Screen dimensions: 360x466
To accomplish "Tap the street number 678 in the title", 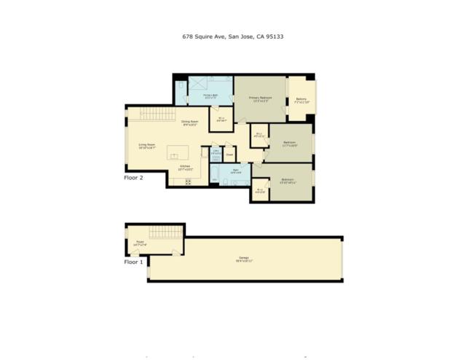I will click(x=186, y=35).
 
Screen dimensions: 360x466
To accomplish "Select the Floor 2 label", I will click(x=134, y=176).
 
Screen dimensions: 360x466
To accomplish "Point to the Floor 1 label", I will click(x=134, y=260).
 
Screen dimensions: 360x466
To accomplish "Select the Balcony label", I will click(x=301, y=100).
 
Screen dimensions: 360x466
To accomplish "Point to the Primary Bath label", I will click(x=211, y=95).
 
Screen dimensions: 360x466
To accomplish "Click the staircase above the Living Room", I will click(x=157, y=114).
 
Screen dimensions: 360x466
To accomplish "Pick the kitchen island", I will click(x=178, y=152).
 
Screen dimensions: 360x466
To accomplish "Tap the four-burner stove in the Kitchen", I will click(x=188, y=181).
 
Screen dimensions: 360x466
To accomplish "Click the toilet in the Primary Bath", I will click(x=182, y=86).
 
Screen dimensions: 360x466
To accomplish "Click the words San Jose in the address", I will click(x=241, y=35).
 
